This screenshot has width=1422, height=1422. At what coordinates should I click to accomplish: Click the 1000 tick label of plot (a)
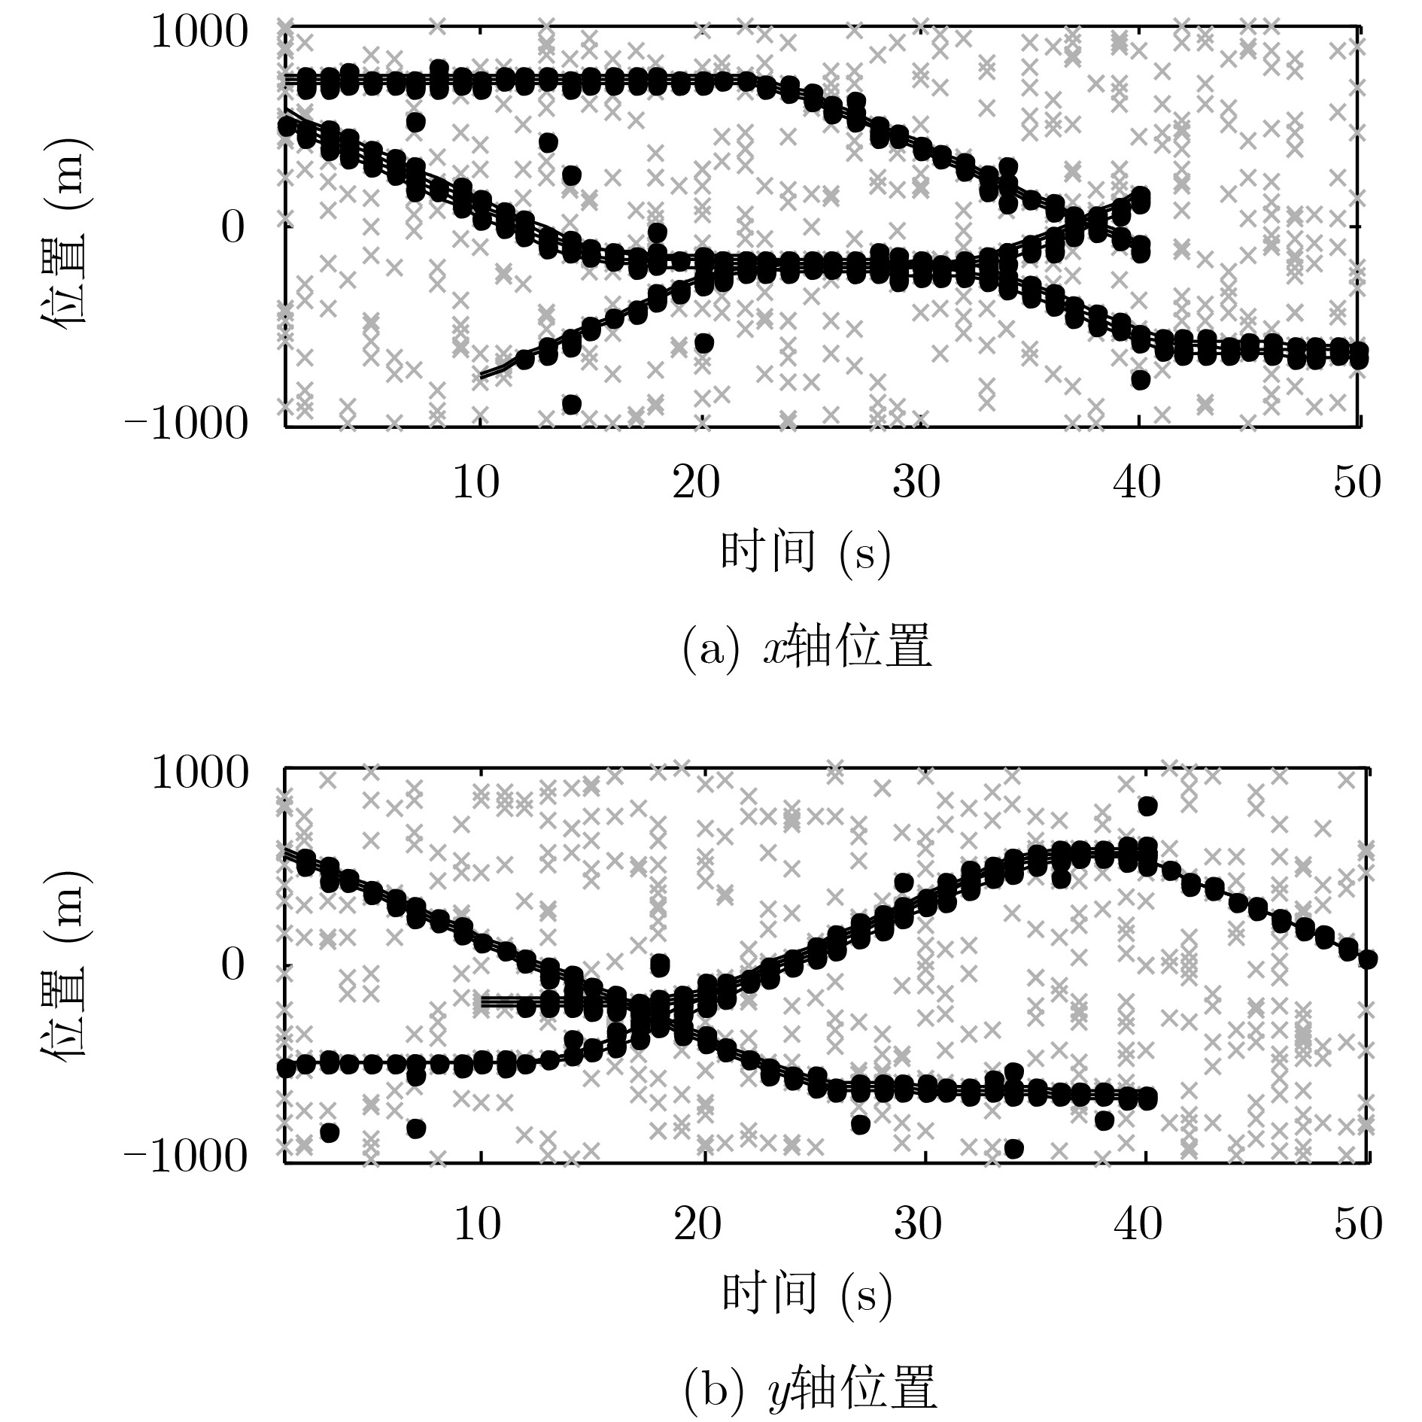(x=199, y=35)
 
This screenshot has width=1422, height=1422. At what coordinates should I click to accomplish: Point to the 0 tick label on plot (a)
(x=233, y=228)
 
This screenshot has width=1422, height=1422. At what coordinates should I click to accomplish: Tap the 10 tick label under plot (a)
(x=476, y=482)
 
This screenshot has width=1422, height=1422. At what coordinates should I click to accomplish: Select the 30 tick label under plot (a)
(x=916, y=482)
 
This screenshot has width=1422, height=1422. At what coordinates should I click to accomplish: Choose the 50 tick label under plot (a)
(x=1357, y=482)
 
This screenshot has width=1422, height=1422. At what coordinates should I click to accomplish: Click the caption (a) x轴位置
(x=807, y=649)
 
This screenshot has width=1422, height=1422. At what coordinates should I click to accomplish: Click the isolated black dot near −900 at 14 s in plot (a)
(x=571, y=405)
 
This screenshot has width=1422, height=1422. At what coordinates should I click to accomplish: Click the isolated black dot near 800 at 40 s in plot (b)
(x=1147, y=806)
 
